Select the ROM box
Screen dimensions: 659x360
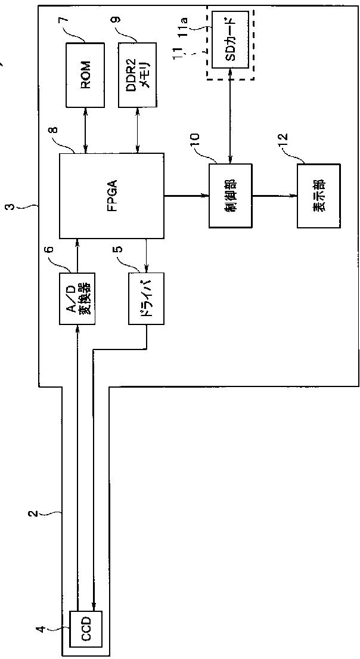[x=86, y=75]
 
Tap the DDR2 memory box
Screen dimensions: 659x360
[x=138, y=75]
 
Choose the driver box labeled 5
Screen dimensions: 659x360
[x=147, y=298]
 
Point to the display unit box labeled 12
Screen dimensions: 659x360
[x=315, y=196]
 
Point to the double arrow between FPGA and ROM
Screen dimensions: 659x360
[x=86, y=130]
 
